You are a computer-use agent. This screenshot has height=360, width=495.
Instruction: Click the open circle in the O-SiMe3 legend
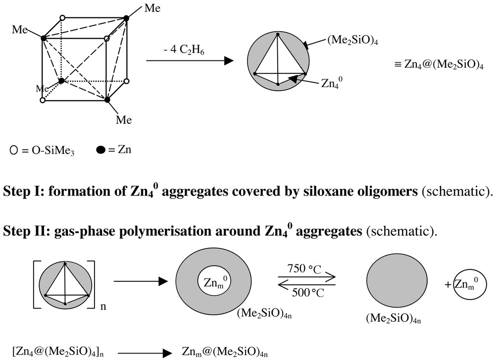click(x=13, y=149)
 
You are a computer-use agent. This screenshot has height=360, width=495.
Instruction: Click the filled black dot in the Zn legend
click(x=100, y=149)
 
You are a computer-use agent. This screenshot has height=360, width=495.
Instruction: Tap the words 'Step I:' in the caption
click(x=19, y=192)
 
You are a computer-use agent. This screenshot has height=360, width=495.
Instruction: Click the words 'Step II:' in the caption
click(x=22, y=230)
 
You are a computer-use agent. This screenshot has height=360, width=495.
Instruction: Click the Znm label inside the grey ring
click(x=214, y=283)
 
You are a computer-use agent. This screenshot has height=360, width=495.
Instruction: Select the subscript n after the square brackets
click(x=103, y=307)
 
